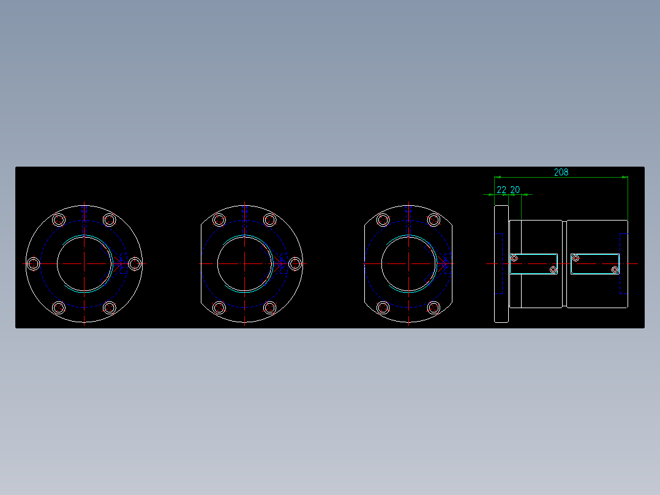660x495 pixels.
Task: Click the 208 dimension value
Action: [561, 172]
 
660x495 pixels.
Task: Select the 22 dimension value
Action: [501, 190]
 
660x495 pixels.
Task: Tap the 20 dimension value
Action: [515, 190]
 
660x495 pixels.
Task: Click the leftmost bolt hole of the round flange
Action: [34, 263]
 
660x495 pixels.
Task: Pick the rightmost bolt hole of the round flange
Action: [135, 263]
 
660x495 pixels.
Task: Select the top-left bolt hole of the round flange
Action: [59, 220]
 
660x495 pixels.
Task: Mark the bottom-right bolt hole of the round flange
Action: [110, 308]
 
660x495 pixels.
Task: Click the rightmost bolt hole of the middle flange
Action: [295, 263]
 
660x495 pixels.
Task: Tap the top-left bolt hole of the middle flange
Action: [219, 220]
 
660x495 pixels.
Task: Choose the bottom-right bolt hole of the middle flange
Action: [269, 308]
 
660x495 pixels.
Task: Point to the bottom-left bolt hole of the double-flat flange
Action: [383, 308]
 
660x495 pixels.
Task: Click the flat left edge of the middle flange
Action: [201, 263]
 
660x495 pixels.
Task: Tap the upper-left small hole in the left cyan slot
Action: [514, 258]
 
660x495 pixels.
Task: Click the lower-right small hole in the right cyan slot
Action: [615, 270]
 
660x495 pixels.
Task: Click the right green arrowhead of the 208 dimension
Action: [624, 177]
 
